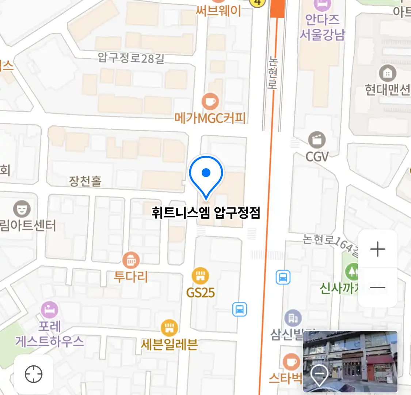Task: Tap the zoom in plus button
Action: [378, 249]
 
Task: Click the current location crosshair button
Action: [34, 374]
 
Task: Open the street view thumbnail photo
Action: [350, 362]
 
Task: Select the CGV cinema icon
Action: [317, 140]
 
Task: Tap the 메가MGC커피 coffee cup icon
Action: [210, 101]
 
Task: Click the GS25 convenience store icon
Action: [200, 276]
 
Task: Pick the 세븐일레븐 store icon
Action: [170, 328]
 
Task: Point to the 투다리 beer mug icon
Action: [131, 260]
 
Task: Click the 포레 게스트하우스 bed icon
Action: [49, 310]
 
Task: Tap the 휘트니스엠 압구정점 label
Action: [206, 212]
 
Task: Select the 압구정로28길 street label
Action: [131, 58]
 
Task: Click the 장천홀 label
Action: [85, 181]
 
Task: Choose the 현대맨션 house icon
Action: [388, 73]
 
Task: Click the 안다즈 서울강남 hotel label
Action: [322, 27]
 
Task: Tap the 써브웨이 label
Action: [218, 11]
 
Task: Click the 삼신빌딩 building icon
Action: [293, 318]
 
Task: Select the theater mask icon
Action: [22, 209]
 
